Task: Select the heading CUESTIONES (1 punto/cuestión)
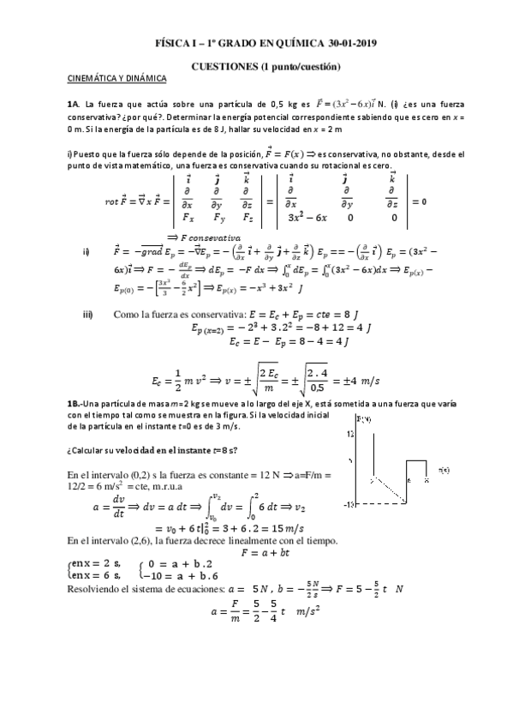click(256, 65)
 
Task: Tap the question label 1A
click(73, 104)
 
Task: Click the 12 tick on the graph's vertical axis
click(349, 434)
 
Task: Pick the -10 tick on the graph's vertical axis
click(349, 502)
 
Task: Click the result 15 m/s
click(289, 528)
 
